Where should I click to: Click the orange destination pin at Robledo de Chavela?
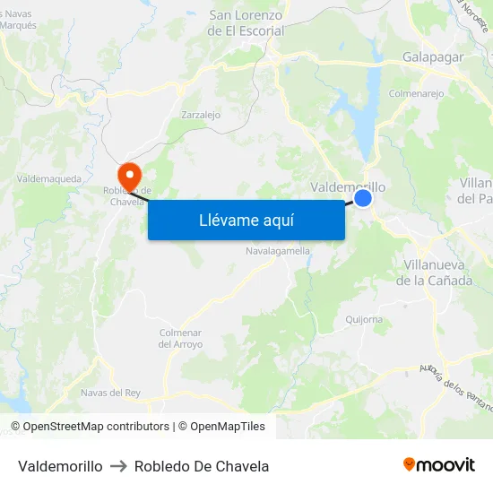pos(129,173)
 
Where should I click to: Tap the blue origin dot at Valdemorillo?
pos(363,198)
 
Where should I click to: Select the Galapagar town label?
pos(433,56)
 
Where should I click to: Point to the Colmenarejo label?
pos(416,92)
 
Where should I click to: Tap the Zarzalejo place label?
pos(201,115)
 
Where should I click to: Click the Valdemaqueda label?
pos(48,179)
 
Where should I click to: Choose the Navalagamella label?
pos(278,251)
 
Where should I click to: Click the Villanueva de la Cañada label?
pos(437,272)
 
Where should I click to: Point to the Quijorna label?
pos(364,319)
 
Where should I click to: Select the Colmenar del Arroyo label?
pos(180,338)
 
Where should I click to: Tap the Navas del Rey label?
pos(110,393)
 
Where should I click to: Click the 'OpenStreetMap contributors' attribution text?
pos(96,427)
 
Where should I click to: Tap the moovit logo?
pos(438,464)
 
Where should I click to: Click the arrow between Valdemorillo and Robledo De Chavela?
pos(118,466)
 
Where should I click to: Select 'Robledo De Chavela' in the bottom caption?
pos(202,466)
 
